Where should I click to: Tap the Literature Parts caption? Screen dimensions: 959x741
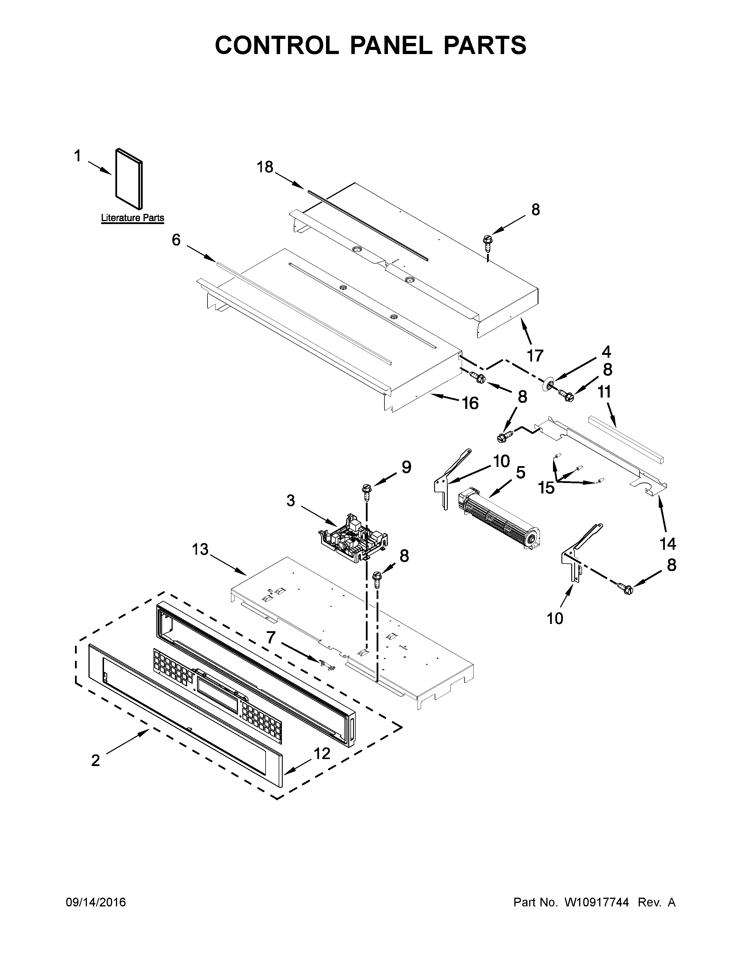(x=133, y=218)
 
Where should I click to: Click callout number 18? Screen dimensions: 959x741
(x=265, y=167)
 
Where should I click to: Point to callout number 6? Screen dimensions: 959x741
(x=176, y=240)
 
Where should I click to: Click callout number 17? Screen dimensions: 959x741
(x=535, y=355)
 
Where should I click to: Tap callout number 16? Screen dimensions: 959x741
(x=470, y=403)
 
